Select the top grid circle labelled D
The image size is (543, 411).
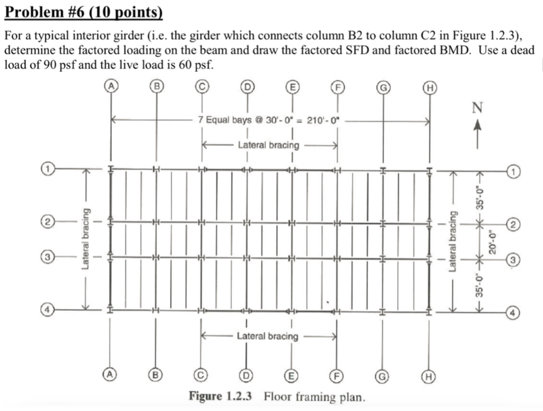tap(247, 85)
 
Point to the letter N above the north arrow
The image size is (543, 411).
tap(477, 108)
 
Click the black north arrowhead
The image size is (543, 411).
tap(477, 126)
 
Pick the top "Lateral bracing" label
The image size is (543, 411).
tap(268, 144)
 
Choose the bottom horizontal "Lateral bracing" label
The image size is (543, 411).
tap(267, 336)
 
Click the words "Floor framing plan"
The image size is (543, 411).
tap(314, 397)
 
